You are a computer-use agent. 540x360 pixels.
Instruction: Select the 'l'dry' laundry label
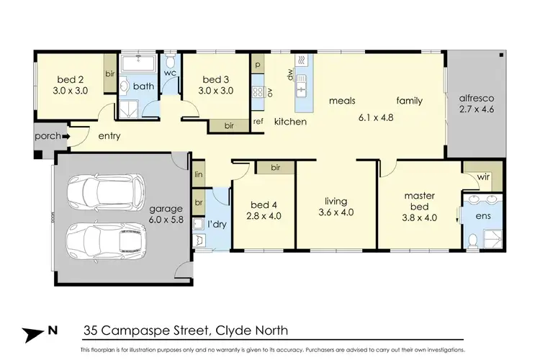(x=218, y=225)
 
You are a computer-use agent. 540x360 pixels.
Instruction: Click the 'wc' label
(x=170, y=73)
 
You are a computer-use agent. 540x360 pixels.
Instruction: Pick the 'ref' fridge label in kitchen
(x=258, y=122)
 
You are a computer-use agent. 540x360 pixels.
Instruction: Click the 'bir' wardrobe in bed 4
(x=275, y=168)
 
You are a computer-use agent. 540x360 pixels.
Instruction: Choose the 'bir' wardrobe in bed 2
(x=110, y=73)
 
